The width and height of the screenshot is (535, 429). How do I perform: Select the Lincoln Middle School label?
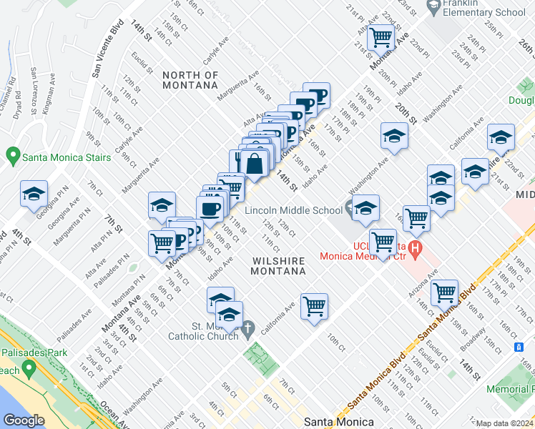point(293,210)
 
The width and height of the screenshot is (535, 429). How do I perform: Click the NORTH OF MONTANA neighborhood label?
point(190,80)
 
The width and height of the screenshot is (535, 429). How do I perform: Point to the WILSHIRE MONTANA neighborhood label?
point(279,266)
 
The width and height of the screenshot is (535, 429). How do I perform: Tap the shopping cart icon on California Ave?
point(314,306)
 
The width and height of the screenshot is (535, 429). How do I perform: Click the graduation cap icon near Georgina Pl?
point(34,194)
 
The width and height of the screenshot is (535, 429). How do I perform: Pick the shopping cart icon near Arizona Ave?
point(444,292)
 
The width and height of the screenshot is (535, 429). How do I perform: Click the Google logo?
point(24,420)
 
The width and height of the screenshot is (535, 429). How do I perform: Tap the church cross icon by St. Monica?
point(248,330)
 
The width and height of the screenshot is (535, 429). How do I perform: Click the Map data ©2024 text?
point(504,423)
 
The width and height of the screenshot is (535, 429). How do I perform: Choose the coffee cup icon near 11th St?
point(210,209)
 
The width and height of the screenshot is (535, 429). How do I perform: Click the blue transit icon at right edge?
point(519,346)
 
